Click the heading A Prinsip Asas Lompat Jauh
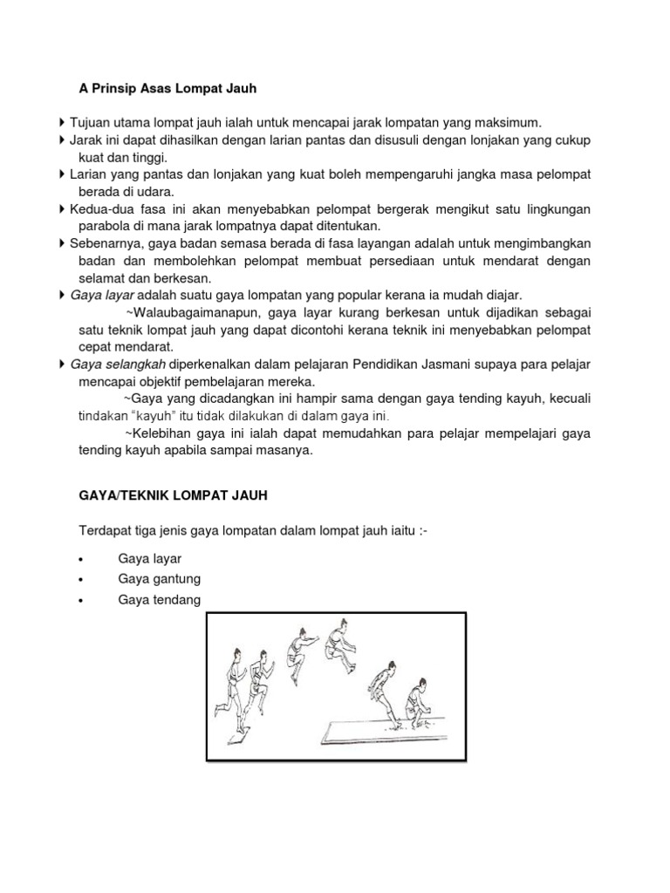click(x=163, y=88)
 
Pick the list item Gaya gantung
click(x=158, y=579)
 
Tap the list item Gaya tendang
click(x=158, y=600)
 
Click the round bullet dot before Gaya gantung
click(x=80, y=580)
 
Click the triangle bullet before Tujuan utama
click(x=62, y=122)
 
